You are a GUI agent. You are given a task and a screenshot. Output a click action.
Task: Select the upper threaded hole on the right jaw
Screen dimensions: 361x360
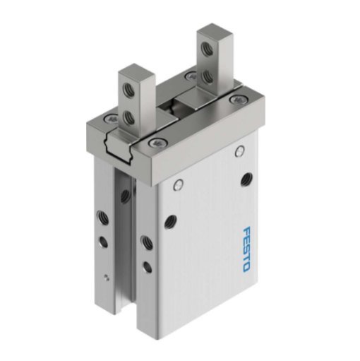pyautogui.click(x=207, y=48)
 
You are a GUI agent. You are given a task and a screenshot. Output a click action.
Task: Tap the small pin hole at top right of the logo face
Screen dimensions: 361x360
pyautogui.click(x=240, y=150)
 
